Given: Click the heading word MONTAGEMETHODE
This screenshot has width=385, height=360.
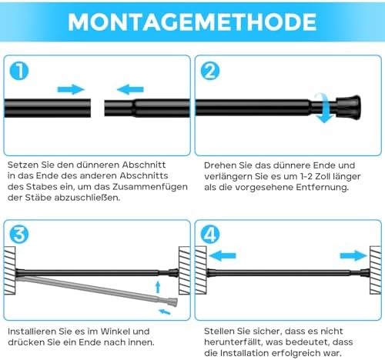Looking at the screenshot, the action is click(192, 22).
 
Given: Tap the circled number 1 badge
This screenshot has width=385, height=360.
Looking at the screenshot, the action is click(19, 71).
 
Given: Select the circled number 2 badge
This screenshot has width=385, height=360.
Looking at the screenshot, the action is click(210, 71).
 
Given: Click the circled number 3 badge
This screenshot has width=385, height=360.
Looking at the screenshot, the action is click(19, 235).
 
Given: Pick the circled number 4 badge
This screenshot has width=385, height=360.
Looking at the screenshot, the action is click(210, 235).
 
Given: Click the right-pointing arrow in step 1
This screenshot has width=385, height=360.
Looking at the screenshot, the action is click(71, 89).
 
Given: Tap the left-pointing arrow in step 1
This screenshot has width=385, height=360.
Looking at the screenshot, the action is click(130, 89).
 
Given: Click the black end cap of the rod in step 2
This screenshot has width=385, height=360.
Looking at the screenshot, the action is click(349, 107).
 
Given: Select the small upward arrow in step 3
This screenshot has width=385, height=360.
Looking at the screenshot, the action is click(158, 287).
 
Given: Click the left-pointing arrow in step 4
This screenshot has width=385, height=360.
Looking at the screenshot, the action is click(223, 255).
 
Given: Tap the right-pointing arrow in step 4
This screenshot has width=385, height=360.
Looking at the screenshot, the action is click(353, 255).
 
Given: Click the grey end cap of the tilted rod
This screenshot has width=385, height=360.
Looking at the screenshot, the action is click(172, 302).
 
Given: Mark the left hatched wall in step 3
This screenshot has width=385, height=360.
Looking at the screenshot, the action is click(9, 271).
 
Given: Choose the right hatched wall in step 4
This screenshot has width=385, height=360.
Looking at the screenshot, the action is click(376, 270).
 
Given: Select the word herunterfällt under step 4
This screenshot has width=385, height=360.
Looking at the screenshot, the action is click(233, 342).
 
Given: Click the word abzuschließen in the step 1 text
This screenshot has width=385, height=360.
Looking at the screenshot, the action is click(87, 198).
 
